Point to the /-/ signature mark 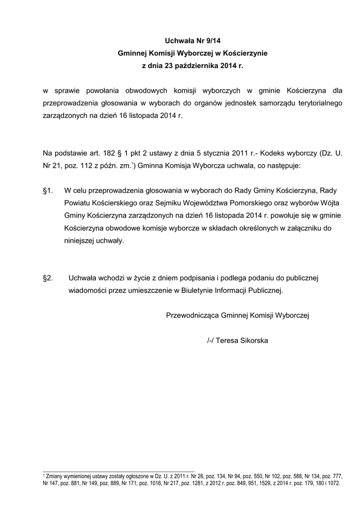point(211,341)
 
